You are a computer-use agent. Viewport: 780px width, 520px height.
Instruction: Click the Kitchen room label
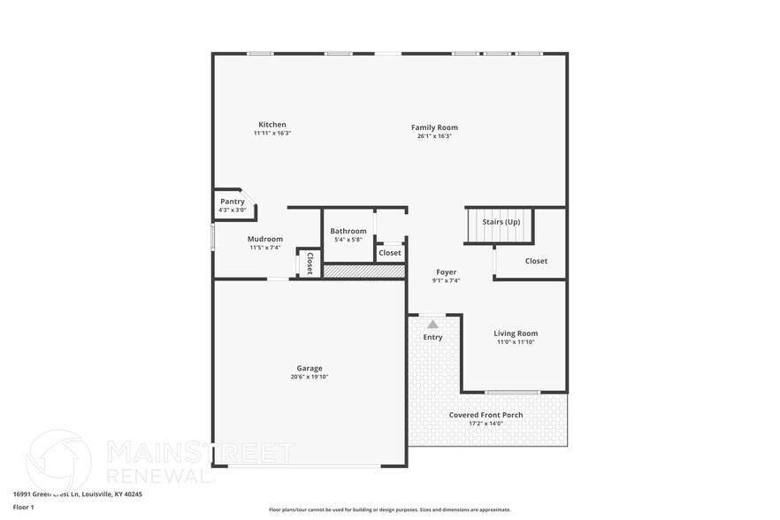click(271, 125)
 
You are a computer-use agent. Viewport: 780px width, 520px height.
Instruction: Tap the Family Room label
click(434, 127)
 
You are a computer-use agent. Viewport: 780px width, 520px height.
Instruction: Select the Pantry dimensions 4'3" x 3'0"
click(233, 210)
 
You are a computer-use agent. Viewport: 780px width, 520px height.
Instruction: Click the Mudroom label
click(264, 239)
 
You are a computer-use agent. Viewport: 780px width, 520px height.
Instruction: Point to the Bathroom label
click(348, 231)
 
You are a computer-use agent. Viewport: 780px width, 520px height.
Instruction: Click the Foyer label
click(446, 272)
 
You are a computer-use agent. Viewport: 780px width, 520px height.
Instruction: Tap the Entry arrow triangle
click(432, 325)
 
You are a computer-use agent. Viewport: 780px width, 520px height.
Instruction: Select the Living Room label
click(516, 333)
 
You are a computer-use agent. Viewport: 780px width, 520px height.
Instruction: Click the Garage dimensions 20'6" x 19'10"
click(310, 377)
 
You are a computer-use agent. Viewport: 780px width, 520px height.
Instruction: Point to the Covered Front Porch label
click(486, 415)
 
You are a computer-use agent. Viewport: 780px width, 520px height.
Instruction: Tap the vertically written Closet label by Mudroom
click(310, 263)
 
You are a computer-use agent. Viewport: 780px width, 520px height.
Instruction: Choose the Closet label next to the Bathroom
click(390, 253)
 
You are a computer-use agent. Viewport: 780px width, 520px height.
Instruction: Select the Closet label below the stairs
click(536, 261)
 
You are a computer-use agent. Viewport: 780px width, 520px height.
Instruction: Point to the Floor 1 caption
click(23, 507)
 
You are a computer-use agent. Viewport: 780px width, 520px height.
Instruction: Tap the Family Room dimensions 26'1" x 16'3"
click(434, 136)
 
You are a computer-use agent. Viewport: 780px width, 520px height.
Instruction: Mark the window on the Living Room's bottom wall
click(512, 392)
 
